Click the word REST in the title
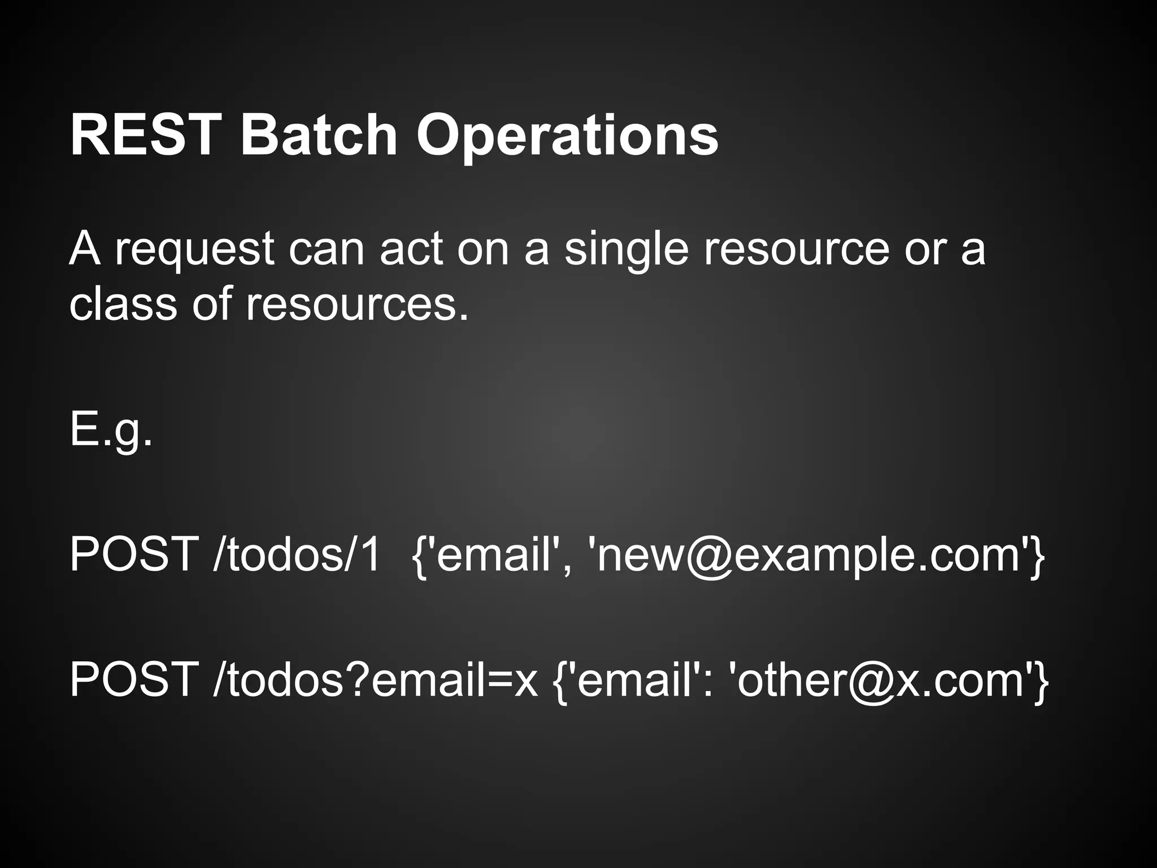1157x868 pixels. point(144,136)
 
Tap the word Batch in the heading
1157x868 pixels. point(319,136)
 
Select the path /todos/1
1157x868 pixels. point(297,555)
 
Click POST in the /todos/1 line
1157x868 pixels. point(133,555)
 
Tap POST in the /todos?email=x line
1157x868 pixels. point(133,680)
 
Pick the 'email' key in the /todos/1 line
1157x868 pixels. point(491,555)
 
